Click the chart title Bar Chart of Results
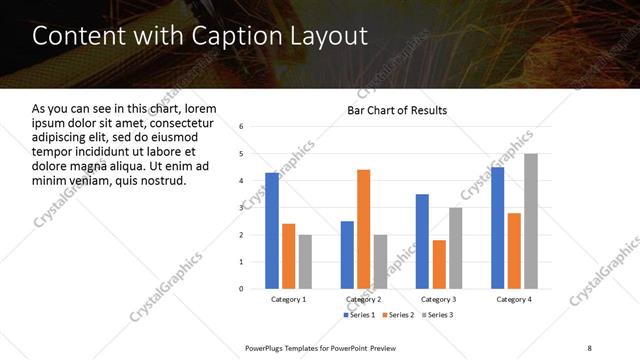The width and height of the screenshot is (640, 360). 397,110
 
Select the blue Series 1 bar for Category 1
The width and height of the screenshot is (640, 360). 272,231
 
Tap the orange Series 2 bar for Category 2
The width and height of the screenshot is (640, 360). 363,229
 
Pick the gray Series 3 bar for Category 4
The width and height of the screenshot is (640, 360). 530,221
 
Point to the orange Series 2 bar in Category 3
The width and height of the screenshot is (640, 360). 439,264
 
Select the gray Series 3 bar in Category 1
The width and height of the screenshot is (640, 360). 305,261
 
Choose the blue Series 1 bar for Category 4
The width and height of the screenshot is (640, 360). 497,228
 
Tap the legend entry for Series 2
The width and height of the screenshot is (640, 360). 397,315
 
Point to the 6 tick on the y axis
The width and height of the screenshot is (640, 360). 241,127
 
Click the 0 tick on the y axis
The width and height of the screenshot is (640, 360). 241,289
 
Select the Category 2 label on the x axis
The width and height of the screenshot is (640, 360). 363,299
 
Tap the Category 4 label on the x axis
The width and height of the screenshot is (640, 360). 514,299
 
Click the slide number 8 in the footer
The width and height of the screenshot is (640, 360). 589,346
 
